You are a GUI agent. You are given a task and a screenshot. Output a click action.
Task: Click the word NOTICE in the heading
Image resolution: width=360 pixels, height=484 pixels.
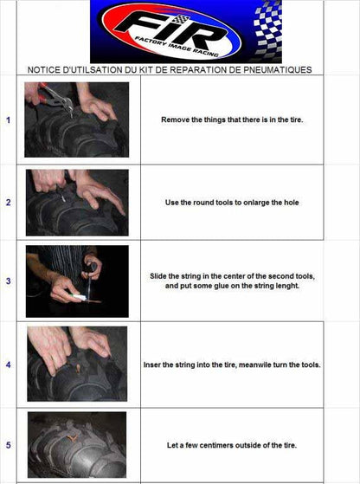point(44,69)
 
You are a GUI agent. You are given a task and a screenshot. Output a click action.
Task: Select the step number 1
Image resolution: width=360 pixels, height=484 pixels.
point(9,120)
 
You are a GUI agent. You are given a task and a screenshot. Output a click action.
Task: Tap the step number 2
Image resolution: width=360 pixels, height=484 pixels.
point(9,203)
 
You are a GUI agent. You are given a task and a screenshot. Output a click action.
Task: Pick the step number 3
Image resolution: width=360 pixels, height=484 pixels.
point(9,281)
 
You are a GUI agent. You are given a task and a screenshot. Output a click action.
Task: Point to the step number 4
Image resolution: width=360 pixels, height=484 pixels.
point(9,365)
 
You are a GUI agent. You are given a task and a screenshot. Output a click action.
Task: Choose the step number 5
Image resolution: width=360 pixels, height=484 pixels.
point(9,445)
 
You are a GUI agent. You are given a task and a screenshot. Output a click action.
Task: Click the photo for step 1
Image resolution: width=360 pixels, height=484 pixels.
point(76,119)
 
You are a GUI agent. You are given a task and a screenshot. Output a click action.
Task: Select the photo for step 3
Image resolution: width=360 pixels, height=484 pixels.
point(76,281)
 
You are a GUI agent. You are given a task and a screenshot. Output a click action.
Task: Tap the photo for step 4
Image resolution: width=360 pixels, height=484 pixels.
point(76,364)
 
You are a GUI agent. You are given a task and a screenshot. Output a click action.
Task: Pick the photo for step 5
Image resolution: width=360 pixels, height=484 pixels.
point(76,445)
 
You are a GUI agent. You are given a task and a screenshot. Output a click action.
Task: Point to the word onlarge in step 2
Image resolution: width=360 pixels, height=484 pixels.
point(257,203)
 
